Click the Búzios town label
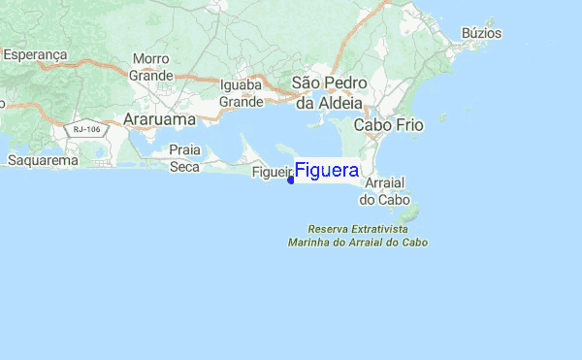482,33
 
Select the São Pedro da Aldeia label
329,93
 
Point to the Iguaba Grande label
242,93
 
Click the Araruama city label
160,119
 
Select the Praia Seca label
184,158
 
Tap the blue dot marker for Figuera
291,180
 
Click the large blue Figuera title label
327,171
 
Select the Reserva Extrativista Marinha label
358,235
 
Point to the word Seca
184,167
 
